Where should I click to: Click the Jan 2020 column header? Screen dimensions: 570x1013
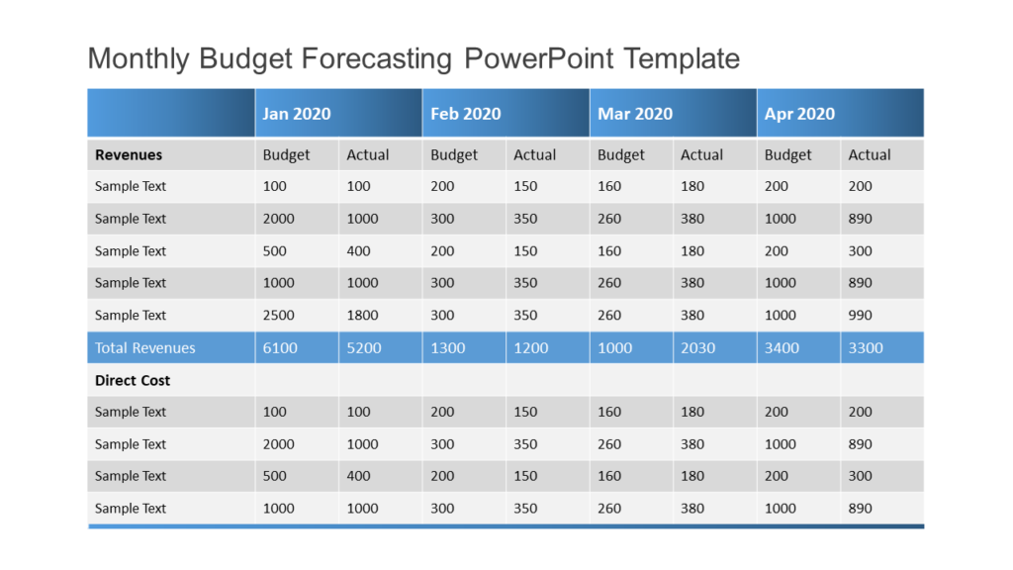pos(297,114)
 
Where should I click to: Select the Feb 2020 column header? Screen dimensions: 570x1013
pos(465,114)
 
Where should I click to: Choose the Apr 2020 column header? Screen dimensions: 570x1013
pos(799,114)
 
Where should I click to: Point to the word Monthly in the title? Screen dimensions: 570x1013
pos(139,58)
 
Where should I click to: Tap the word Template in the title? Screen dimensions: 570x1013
pos(682,58)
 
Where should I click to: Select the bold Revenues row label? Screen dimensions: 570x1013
pos(129,154)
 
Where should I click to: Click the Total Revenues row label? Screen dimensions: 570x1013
pos(145,347)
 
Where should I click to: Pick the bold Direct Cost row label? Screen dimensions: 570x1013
pos(133,380)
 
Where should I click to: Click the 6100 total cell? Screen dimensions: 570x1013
pos(279,347)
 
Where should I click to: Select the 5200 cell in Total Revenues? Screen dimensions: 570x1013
pos(363,347)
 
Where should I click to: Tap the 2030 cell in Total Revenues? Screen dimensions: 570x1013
pos(697,347)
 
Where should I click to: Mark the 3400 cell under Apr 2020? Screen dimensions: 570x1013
pos(782,347)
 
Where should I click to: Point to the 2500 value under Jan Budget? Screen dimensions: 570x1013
pos(279,316)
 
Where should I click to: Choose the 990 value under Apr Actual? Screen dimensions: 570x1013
pos(860,316)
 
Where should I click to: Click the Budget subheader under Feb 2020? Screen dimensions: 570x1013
pos(454,154)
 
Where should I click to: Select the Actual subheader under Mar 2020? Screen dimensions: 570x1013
pos(701,154)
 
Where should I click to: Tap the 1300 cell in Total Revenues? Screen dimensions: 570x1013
pos(447,347)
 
